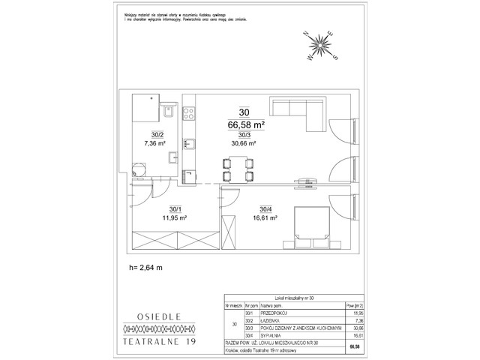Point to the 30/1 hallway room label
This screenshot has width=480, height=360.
pyautogui.click(x=175, y=209)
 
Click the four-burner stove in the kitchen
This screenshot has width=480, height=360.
pyautogui.click(x=190, y=115)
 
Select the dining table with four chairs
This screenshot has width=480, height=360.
pyautogui.click(x=236, y=169)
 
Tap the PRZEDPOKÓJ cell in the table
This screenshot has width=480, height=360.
pyautogui.click(x=276, y=314)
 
